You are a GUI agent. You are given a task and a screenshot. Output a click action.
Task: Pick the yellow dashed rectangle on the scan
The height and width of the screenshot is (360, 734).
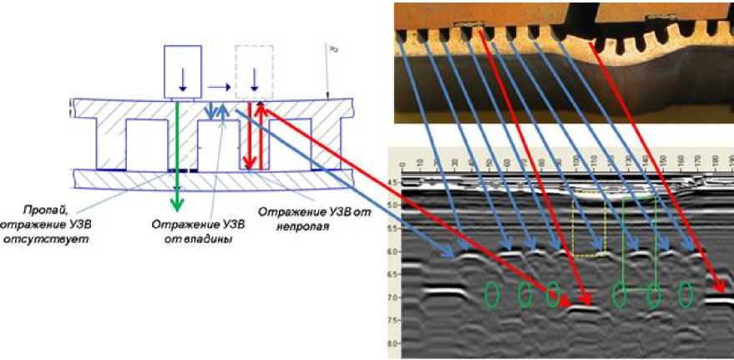(x=590, y=227)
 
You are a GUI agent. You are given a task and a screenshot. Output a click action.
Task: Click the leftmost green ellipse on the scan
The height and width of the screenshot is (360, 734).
(x=493, y=294)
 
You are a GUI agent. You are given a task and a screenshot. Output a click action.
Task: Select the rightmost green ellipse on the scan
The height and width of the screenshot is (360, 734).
(x=685, y=294)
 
